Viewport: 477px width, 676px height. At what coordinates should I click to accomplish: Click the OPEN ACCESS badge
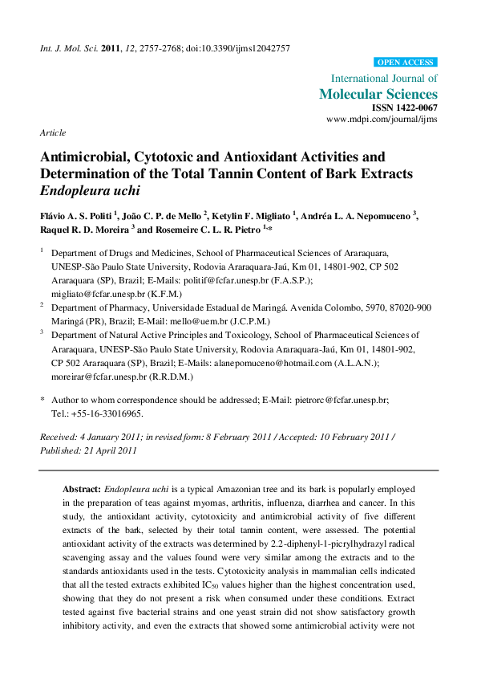click(406, 63)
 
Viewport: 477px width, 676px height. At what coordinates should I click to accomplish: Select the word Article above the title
click(53, 133)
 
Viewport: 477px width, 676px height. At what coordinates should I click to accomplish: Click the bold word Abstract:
click(82, 488)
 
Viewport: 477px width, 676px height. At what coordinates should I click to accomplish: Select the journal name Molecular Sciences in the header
click(378, 94)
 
